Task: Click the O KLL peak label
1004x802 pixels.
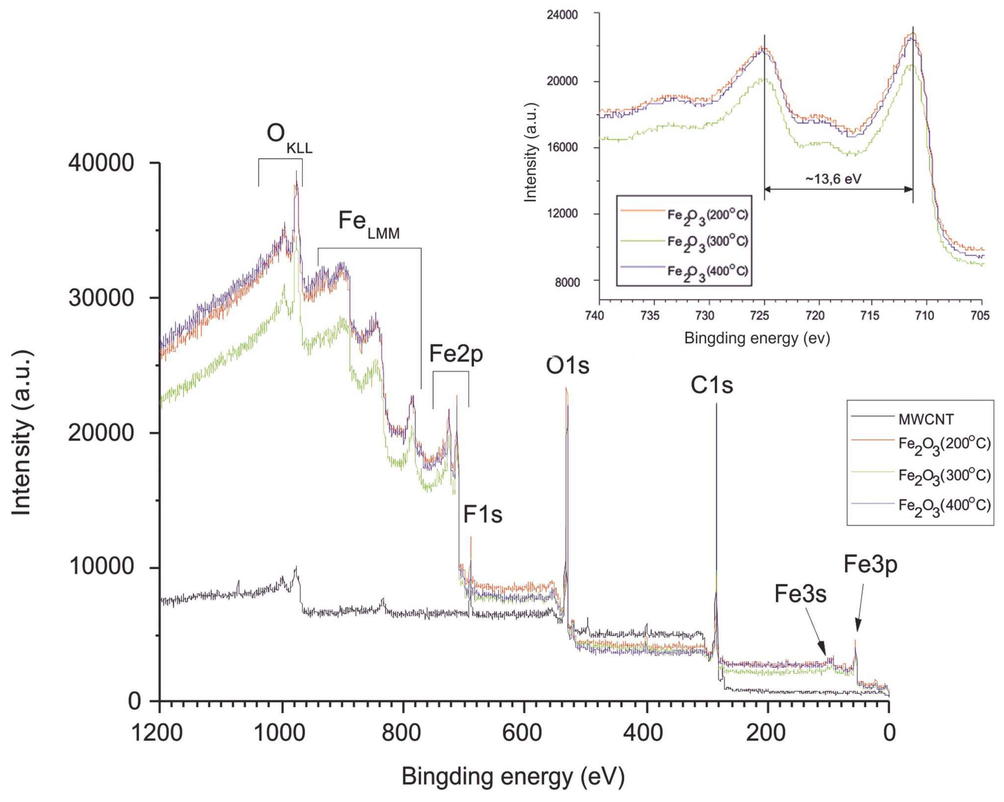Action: coord(289,136)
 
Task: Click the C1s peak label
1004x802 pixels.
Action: coord(712,385)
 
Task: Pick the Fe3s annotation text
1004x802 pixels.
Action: coord(800,594)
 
